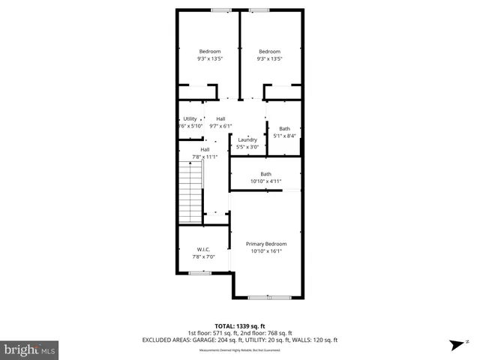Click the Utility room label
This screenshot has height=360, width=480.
[190, 119]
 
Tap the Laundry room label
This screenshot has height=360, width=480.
[247, 140]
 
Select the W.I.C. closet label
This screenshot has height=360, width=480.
[203, 250]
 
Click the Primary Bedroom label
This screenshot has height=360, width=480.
[267, 244]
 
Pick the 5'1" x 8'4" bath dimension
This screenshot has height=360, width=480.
[285, 136]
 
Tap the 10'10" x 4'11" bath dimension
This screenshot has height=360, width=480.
[265, 181]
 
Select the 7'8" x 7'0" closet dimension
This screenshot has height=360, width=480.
[203, 258]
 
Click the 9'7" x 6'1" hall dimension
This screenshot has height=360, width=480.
[220, 127]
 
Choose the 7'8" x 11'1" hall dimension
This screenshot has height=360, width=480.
[205, 157]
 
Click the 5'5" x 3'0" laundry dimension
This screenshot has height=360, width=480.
[247, 148]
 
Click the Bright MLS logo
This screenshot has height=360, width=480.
[30, 350]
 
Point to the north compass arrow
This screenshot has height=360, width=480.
[456, 345]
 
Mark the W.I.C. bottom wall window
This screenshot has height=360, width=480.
[199, 273]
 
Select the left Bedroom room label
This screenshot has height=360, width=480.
[210, 51]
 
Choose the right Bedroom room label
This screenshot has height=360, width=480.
[269, 51]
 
